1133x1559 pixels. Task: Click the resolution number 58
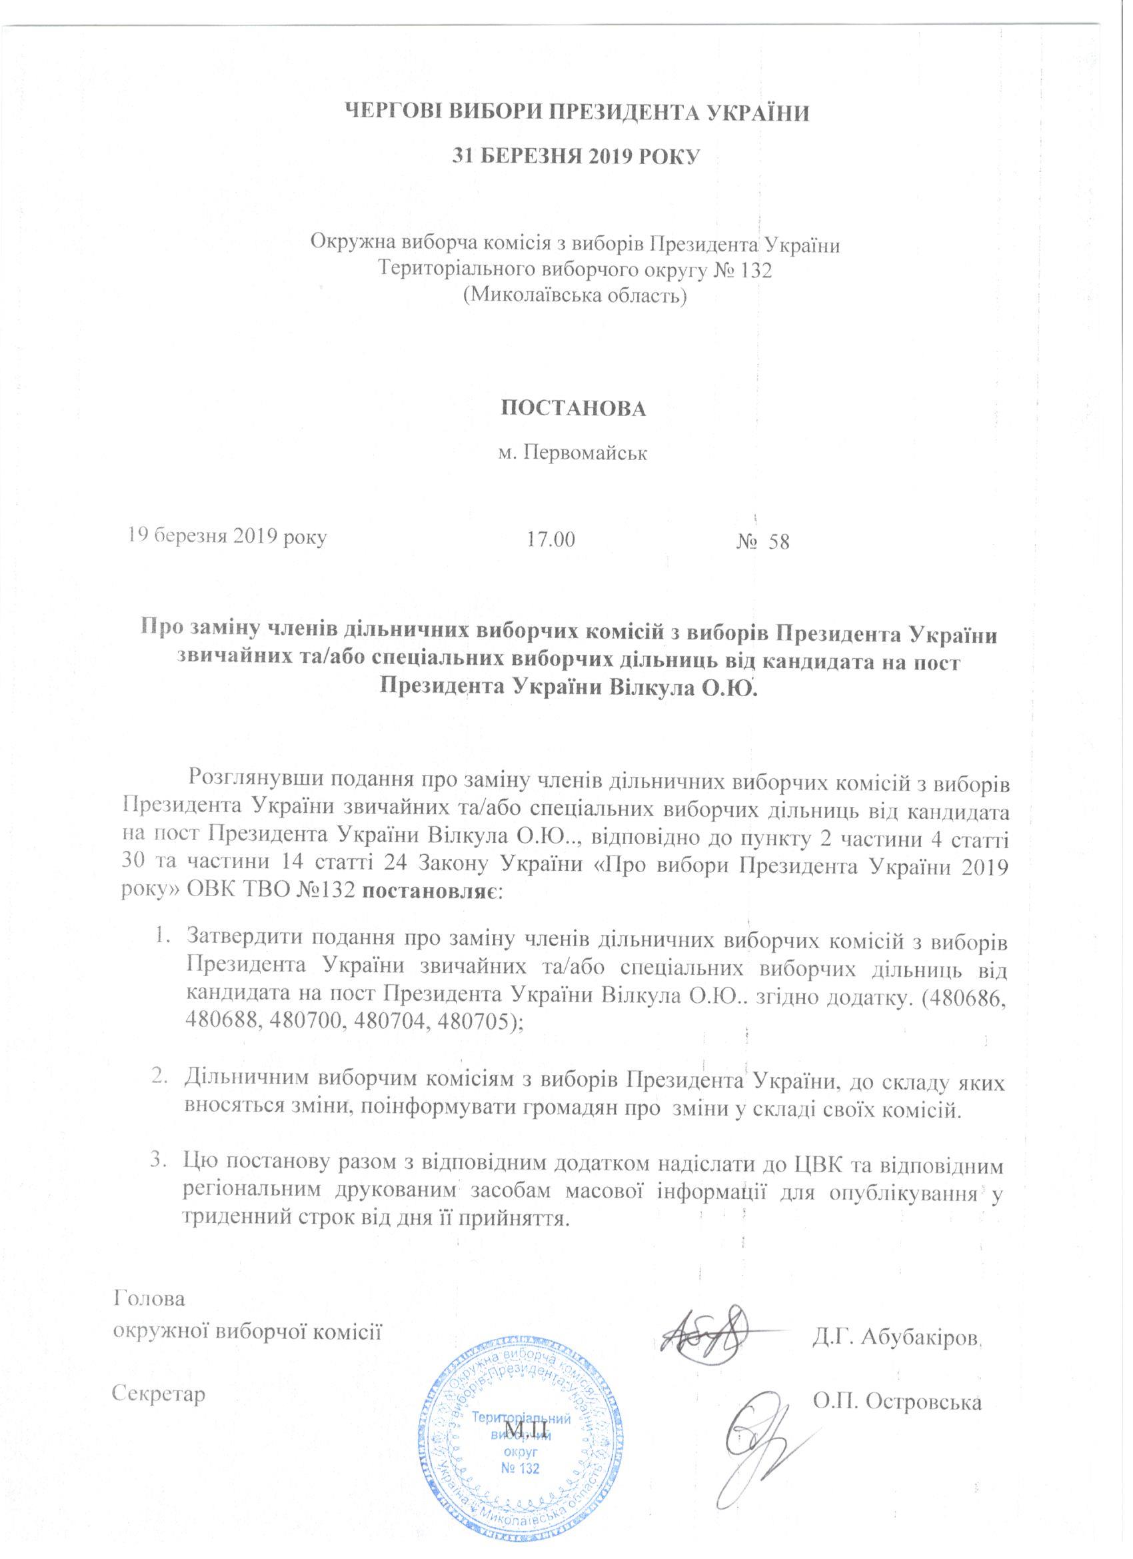[x=779, y=541]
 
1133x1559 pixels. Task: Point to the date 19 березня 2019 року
[x=225, y=536]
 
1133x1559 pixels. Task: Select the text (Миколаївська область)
[x=575, y=295]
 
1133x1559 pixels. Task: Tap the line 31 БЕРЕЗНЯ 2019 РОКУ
[x=575, y=156]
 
